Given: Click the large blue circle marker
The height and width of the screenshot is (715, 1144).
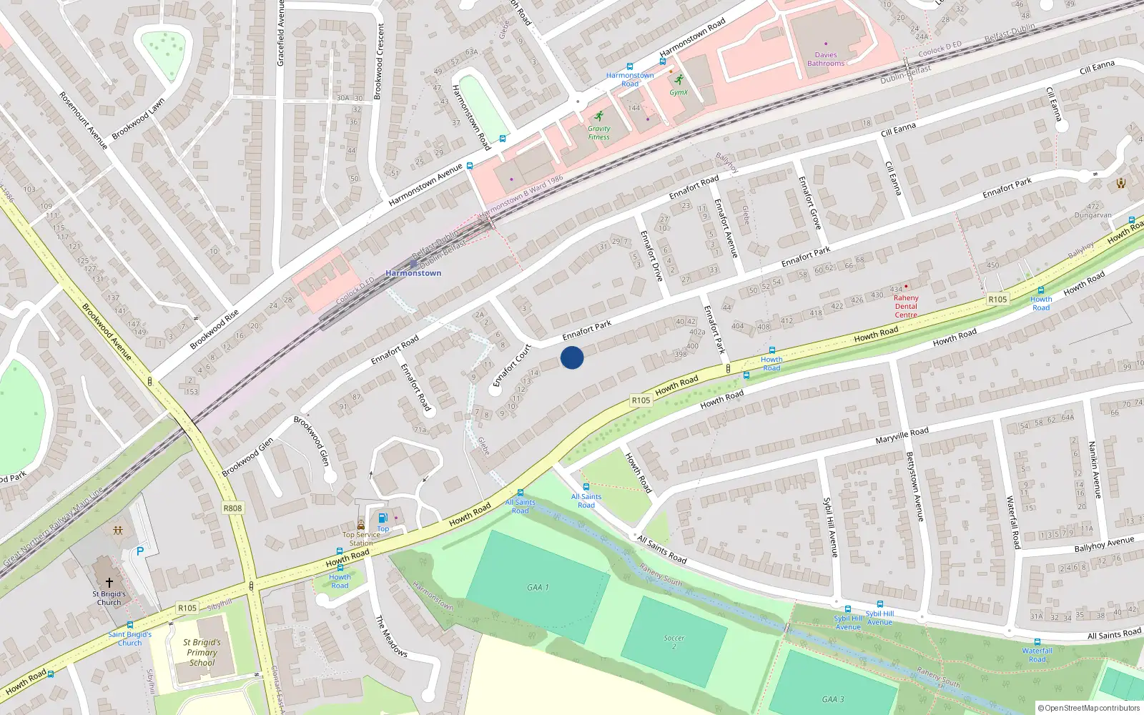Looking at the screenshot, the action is [572, 357].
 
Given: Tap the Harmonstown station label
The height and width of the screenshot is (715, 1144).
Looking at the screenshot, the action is [413, 273].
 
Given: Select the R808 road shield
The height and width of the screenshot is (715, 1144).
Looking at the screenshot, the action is [232, 508].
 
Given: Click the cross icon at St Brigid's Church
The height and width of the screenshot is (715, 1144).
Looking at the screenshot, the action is [109, 583].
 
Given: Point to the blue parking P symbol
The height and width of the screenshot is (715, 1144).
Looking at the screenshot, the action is [140, 551].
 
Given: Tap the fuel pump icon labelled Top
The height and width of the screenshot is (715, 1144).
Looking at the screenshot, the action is [383, 518].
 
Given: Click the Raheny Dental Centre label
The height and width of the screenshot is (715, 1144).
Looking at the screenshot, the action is [906, 306].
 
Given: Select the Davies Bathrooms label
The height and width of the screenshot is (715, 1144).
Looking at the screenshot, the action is [826, 59].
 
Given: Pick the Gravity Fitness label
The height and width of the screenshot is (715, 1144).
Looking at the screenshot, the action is [599, 133].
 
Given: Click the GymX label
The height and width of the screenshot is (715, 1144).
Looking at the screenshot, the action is [679, 92].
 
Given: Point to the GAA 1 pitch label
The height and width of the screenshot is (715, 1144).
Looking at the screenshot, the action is [538, 587].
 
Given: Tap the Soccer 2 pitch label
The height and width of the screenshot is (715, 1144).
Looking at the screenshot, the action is [674, 642].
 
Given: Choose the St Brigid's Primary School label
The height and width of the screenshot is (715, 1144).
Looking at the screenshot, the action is [202, 652].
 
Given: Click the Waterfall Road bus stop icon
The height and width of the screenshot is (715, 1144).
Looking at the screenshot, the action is [1037, 642].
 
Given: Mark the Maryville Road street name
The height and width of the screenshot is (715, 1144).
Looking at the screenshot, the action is [902, 435].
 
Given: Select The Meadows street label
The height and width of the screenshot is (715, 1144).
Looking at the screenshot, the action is [391, 636].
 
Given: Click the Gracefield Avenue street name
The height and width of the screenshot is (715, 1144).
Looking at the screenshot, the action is [281, 34].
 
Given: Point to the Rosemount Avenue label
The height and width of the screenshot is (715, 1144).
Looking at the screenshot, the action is [84, 120].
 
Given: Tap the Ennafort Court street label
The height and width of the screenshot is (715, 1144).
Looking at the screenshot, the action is [512, 365].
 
